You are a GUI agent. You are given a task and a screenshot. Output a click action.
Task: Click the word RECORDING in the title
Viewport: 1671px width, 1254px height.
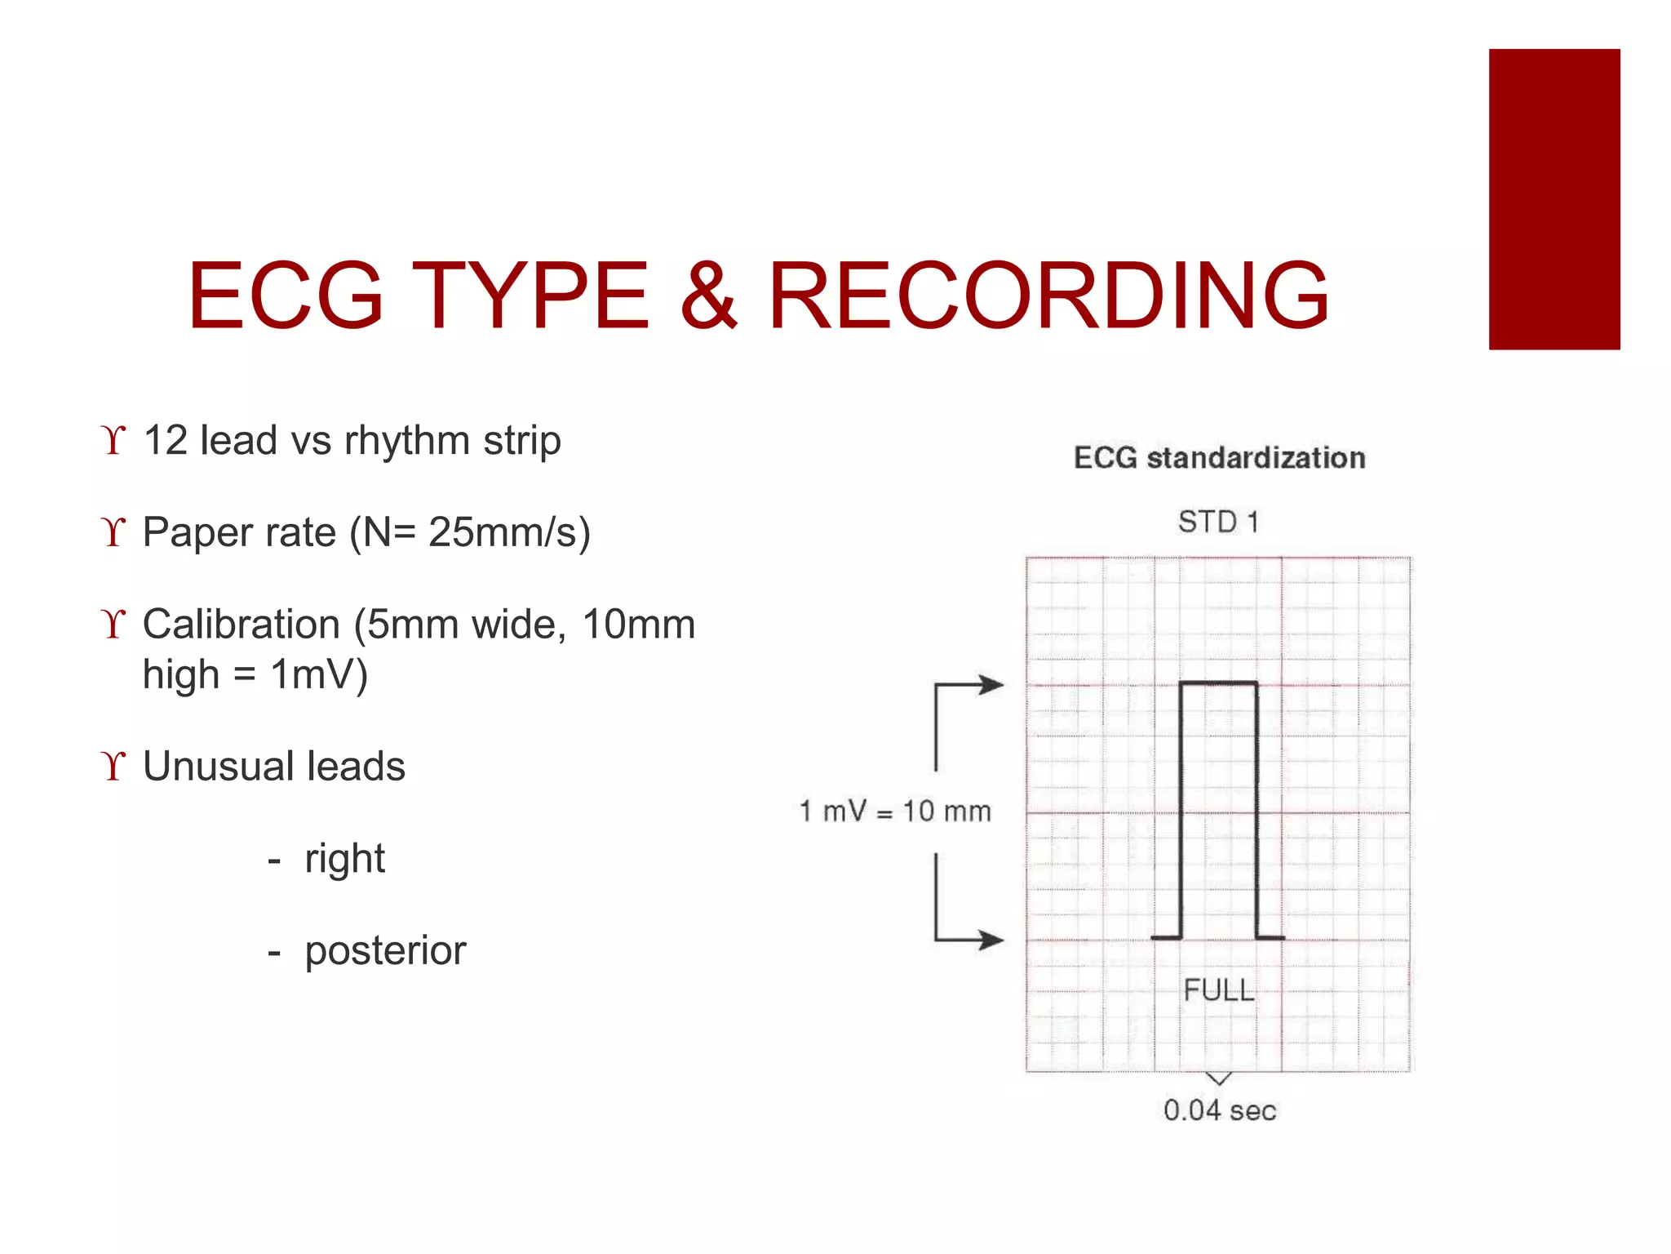(x=1049, y=296)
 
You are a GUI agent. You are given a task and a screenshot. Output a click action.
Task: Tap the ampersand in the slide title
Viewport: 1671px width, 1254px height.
(x=708, y=296)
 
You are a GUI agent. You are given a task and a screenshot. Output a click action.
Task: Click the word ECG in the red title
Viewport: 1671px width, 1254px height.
(x=286, y=296)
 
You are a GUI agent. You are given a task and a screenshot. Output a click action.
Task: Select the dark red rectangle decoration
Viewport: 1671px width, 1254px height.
(x=1554, y=199)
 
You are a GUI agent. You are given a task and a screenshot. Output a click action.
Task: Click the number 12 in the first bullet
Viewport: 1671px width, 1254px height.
(x=166, y=441)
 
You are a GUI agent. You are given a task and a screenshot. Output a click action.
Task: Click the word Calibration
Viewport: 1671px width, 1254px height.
(x=241, y=625)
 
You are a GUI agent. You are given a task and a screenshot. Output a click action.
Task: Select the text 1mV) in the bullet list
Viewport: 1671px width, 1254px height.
(x=319, y=675)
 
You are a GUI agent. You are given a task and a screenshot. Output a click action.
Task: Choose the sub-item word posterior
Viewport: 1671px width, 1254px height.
(x=385, y=951)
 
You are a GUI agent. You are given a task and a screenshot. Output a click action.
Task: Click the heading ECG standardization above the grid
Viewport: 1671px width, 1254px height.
(x=1219, y=458)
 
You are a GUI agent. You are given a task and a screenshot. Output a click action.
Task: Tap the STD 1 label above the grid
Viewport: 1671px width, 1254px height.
(x=1218, y=522)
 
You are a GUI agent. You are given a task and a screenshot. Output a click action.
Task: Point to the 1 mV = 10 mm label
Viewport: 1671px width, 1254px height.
(x=895, y=812)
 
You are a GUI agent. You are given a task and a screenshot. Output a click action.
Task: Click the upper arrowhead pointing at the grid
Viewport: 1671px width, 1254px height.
(x=992, y=684)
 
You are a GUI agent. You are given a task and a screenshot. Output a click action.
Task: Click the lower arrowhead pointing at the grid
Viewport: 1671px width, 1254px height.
(x=992, y=940)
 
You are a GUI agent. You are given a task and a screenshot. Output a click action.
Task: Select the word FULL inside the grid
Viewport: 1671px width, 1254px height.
(x=1218, y=990)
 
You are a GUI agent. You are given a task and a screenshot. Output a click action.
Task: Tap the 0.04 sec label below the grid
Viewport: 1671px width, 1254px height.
(x=1219, y=1110)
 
